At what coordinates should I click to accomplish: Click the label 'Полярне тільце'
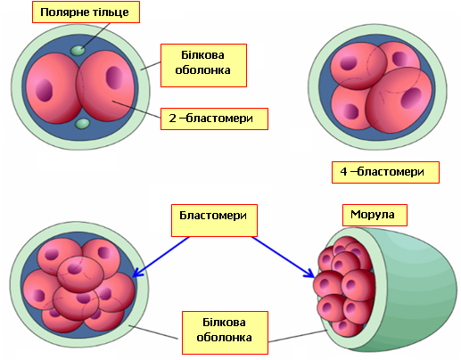pyautogui.click(x=86, y=12)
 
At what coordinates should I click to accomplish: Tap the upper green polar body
pyautogui.click(x=78, y=51)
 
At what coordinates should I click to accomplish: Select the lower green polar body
pyautogui.click(x=82, y=124)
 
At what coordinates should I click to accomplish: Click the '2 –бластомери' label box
pyautogui.click(x=214, y=119)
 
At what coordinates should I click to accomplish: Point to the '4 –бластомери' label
pyautogui.click(x=385, y=172)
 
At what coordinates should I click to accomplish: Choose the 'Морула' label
pyautogui.click(x=375, y=215)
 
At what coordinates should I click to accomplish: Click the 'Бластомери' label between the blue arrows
pyautogui.click(x=214, y=220)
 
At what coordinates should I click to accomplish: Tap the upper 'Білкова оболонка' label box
pyautogui.click(x=203, y=65)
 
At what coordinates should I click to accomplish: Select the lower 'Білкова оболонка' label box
pyautogui.click(x=225, y=332)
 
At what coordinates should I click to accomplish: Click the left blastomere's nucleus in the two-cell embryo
pyautogui.click(x=44, y=90)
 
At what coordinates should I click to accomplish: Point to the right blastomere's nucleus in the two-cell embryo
pyautogui.click(x=114, y=78)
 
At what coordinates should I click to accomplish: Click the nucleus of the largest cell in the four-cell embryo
pyautogui.click(x=411, y=98)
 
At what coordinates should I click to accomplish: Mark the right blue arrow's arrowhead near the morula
pyautogui.click(x=309, y=274)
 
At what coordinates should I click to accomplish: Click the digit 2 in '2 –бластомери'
pyautogui.click(x=172, y=119)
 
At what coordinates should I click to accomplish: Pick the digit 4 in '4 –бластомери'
pyautogui.click(x=343, y=172)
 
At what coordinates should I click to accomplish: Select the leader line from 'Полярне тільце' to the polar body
pyautogui.click(x=95, y=36)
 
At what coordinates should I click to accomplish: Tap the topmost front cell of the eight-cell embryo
pyautogui.click(x=80, y=274)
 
